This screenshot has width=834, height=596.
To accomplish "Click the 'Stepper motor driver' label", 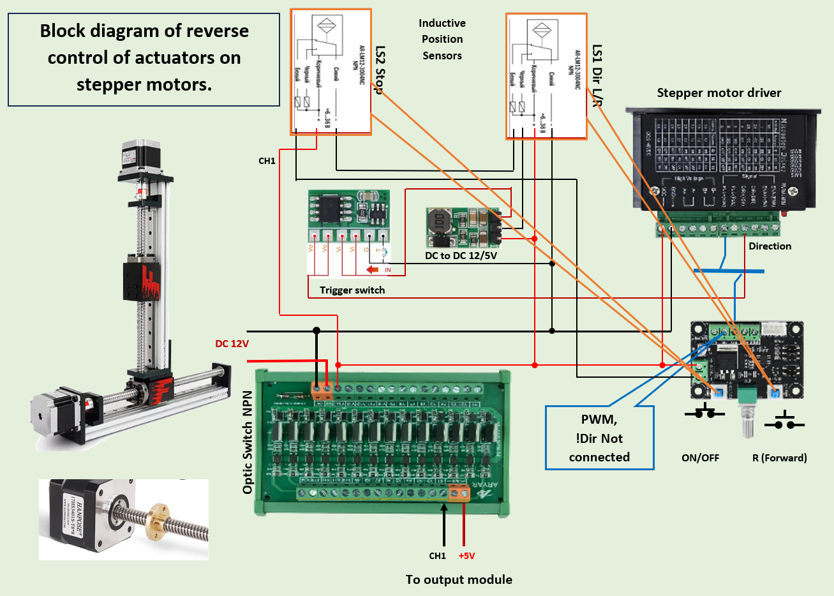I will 719,93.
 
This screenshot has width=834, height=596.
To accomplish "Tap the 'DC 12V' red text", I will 232,344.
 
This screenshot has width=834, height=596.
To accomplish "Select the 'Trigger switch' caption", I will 352,290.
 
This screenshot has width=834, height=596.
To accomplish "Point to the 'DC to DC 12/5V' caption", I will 461,256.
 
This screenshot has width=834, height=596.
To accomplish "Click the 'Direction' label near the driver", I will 770,246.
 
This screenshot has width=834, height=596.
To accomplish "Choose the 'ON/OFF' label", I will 700,458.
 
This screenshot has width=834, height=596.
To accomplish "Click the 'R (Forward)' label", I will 779,458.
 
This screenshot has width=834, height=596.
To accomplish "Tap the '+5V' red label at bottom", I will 466,556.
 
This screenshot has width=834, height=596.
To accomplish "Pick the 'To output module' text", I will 459,579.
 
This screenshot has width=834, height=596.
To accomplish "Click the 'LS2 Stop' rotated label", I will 380,70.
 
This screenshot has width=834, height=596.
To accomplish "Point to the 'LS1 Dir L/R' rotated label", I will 597,75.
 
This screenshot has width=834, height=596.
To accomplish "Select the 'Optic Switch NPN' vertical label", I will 248,442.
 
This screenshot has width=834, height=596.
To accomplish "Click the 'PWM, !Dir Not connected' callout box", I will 599,438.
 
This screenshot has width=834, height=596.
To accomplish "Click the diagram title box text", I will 144,57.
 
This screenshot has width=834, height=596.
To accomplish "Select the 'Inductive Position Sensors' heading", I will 442,40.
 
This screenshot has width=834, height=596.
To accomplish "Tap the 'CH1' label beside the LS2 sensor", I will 267,161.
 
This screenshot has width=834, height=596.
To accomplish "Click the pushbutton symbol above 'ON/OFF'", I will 704,412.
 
